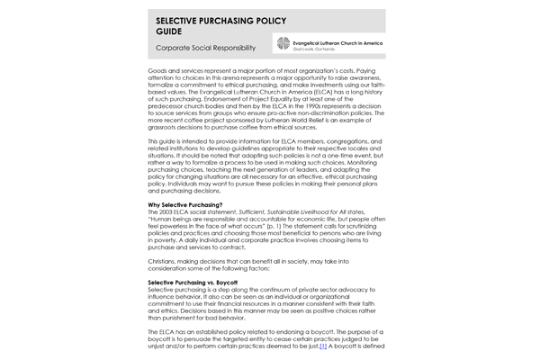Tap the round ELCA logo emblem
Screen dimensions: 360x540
click(x=283, y=43)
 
